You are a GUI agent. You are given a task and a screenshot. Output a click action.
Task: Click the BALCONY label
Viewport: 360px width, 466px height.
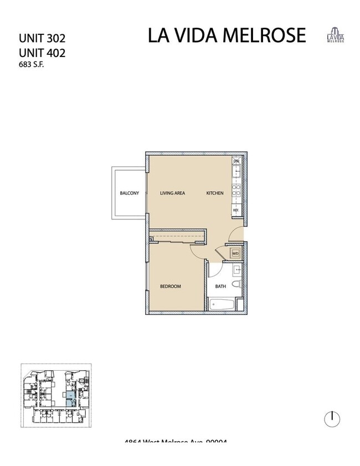tap(130, 193)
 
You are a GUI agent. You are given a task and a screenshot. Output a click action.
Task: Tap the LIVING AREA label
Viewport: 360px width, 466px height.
tap(172, 193)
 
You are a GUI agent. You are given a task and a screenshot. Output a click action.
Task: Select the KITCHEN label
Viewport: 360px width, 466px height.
tap(215, 193)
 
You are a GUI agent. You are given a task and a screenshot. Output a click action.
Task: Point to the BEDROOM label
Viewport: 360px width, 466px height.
tap(171, 286)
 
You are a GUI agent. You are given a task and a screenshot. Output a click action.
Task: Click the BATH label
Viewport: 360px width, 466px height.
tap(220, 286)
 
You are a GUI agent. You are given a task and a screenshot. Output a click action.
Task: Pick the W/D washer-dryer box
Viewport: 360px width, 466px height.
tap(235, 254)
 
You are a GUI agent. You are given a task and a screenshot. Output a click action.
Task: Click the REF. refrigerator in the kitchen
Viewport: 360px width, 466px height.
tap(236, 211)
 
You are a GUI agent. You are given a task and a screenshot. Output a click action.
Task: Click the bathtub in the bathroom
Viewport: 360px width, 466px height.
tap(221, 304)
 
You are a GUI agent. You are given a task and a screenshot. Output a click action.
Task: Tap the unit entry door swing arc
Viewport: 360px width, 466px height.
tap(236, 234)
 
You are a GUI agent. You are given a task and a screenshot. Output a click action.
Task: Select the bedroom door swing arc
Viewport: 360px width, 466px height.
tap(197, 253)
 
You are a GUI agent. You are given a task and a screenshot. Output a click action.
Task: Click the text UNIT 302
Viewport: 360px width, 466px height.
tap(42, 39)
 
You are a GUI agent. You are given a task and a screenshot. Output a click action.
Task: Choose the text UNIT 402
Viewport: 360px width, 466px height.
tap(42, 53)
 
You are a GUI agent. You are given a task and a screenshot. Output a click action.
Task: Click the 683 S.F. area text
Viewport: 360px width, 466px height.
tap(32, 65)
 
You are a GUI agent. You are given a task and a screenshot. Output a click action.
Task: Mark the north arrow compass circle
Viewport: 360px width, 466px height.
tap(332, 419)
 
